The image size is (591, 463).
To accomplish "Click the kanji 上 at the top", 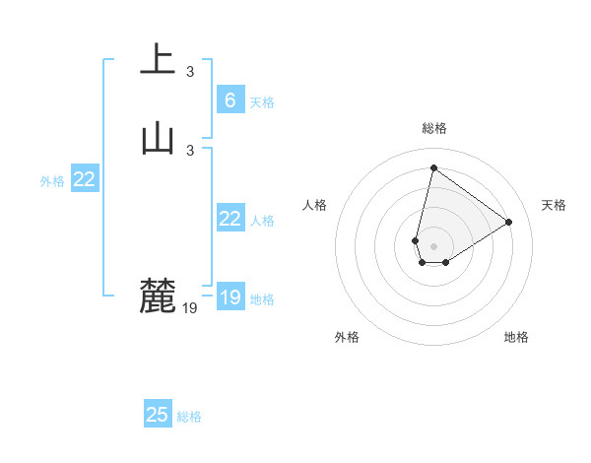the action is tap(158, 59).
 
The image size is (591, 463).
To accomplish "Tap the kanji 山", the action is tap(158, 138).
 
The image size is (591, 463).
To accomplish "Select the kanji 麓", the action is tap(158, 296).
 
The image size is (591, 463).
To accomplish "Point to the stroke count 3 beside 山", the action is tap(190, 150).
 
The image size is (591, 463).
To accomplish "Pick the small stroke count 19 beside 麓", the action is tap(190, 308).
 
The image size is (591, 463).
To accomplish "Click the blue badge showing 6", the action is tap(230, 99).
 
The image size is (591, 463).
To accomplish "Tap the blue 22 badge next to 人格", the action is tap(230, 219).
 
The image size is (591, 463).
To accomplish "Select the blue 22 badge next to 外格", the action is tap(85, 179).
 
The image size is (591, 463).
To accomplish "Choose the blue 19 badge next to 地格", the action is tap(230, 298).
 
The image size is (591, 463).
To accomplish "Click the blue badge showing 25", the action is tap(158, 415).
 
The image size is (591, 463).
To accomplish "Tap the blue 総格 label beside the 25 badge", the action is tap(189, 417).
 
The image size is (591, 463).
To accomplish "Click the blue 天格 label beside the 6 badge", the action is tap(262, 101).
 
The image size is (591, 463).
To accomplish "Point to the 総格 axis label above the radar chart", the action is tap(433, 128).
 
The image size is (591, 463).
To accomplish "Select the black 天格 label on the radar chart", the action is tap(554, 205).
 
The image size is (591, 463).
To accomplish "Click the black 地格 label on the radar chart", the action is tap(516, 337).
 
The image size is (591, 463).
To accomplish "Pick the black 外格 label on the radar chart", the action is tap(347, 337).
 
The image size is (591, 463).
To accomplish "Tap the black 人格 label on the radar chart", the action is tap(315, 205).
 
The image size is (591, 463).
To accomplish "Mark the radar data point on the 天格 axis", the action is tap(509, 222).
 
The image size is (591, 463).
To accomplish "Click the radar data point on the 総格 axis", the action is tap(433, 167).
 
